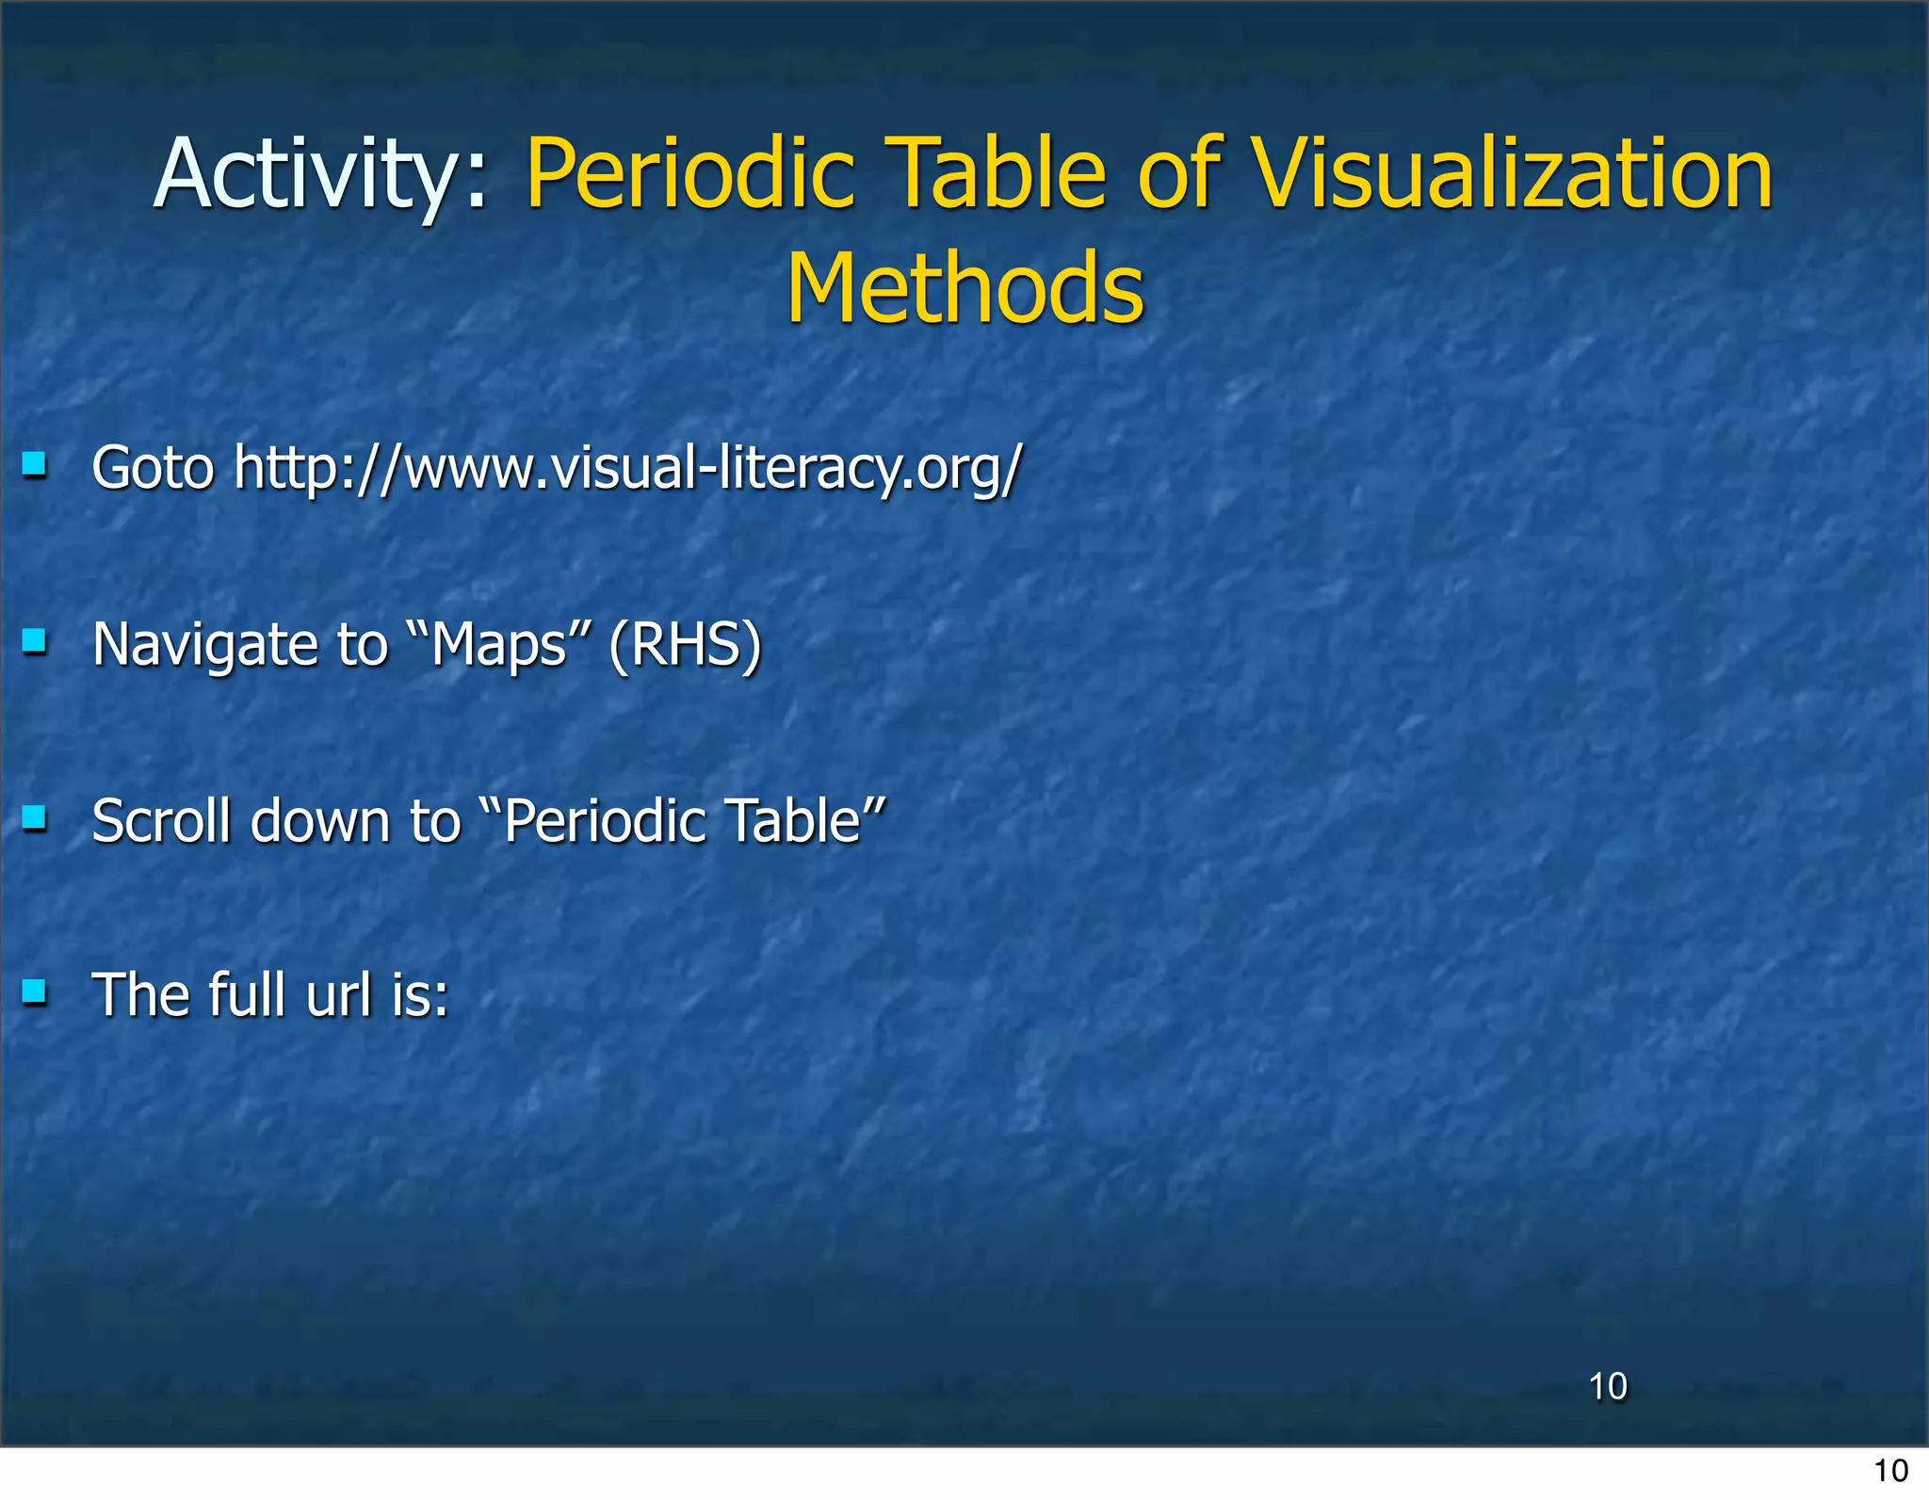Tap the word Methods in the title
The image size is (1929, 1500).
(964, 288)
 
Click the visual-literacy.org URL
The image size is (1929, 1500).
(627, 468)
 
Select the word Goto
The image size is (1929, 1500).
(154, 468)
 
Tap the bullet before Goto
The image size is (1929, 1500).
(35, 464)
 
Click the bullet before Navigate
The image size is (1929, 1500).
(35, 641)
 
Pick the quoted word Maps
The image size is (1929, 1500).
(498, 645)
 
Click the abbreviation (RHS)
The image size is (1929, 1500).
(685, 645)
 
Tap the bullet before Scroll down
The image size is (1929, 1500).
(35, 817)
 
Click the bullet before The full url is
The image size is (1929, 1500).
(35, 992)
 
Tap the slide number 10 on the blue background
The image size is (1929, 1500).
(1608, 1387)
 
